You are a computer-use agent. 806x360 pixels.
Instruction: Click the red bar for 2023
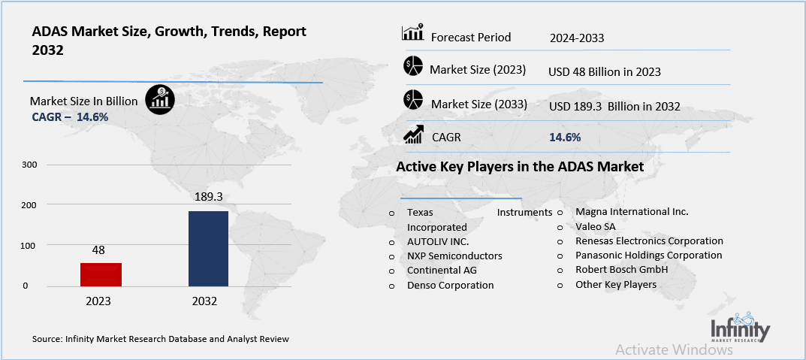click(101, 274)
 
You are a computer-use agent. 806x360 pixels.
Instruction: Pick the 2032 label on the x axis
click(204, 301)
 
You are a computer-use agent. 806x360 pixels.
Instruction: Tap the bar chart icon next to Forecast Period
click(413, 34)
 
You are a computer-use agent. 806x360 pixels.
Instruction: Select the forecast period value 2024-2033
click(576, 38)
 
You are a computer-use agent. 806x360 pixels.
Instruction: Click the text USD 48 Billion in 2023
click(605, 71)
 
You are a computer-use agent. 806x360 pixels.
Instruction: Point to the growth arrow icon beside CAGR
click(413, 135)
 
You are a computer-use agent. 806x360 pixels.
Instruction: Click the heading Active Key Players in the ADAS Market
click(520, 167)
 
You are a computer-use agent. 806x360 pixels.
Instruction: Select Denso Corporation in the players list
click(450, 285)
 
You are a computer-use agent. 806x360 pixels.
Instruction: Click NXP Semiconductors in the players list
click(454, 256)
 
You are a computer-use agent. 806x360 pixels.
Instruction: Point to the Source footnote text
click(161, 339)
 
